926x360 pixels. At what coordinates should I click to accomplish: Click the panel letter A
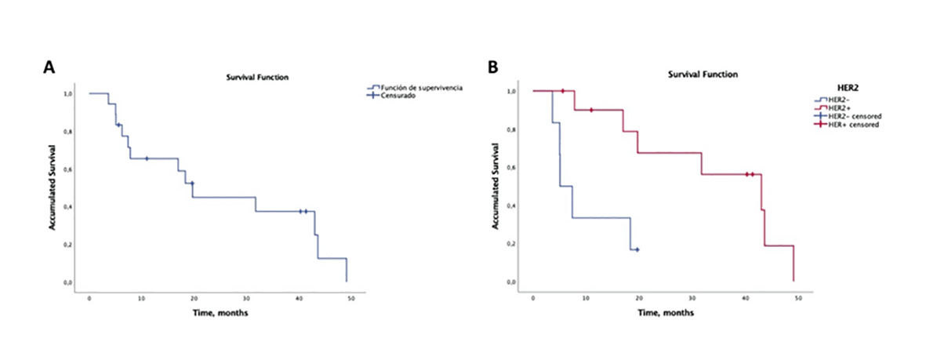point(49,67)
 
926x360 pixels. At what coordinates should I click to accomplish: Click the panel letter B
point(492,67)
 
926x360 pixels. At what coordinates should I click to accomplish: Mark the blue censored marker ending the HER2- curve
point(637,249)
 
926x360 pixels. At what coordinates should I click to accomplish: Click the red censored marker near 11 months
point(591,110)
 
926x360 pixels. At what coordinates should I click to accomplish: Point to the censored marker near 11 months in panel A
point(146,159)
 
